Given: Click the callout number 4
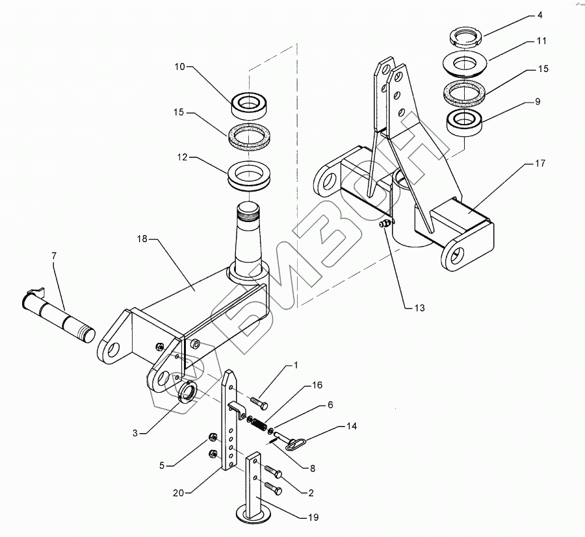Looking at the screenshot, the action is (539, 16).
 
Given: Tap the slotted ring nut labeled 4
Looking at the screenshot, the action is (466, 38).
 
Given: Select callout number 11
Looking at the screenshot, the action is (541, 41).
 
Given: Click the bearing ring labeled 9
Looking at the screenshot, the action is (465, 122).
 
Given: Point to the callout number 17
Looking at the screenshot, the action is (540, 163).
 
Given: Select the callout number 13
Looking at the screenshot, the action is (419, 308).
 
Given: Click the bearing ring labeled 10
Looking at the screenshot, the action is (250, 105).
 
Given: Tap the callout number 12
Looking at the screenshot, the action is (182, 157).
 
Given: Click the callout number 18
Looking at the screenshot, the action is (142, 238).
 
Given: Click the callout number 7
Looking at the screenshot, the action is (54, 256).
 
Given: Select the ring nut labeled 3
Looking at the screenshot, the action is (187, 392).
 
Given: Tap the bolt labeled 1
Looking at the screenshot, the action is (259, 403).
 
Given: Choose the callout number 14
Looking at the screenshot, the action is (352, 426).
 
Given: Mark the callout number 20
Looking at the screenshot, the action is (178, 493).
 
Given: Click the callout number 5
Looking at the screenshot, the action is (162, 466).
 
